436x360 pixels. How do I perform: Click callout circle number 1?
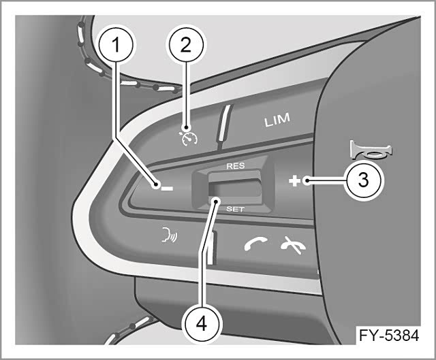tap(116, 44)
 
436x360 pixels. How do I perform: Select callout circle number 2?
tap(186, 45)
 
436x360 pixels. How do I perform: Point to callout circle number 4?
tap(202, 324)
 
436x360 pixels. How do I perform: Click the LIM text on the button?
tap(277, 120)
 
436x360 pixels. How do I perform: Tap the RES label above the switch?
tap(236, 166)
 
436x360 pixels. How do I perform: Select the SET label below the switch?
tap(235, 209)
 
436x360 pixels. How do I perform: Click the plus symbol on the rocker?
tap(294, 181)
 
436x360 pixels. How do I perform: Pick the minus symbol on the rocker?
tap(167, 189)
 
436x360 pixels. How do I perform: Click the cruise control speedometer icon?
tap(188, 137)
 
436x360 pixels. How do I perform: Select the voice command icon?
tap(170, 235)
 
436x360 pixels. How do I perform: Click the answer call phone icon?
tap(256, 244)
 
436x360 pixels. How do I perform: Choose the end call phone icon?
tap(294, 245)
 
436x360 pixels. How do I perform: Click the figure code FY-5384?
tap(389, 336)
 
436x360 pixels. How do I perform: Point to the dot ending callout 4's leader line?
tap(216, 201)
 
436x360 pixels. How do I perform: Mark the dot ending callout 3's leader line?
tap(307, 181)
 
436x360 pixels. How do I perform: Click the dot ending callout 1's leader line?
tap(157, 184)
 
